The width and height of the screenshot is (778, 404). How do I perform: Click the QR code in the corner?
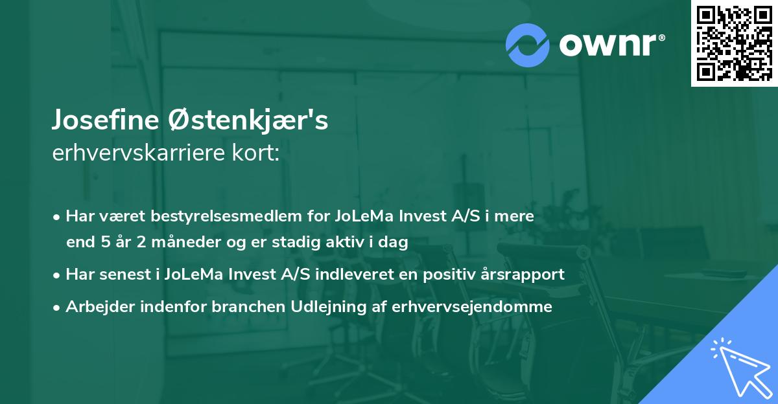coord(735,43)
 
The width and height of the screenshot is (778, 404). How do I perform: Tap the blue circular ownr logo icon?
coord(528,45)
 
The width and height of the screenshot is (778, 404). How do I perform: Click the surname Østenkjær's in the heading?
coord(247,121)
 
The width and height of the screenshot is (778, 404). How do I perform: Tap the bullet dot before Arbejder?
coord(58,308)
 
